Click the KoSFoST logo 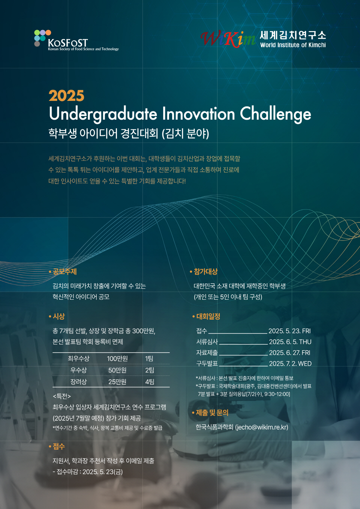(x=76, y=41)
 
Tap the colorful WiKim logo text (x=228, y=39)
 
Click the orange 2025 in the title (x=66, y=96)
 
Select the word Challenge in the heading (x=276, y=114)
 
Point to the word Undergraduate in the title (x=103, y=114)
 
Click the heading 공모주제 (x=65, y=272)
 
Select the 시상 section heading (x=59, y=316)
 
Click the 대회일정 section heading (x=208, y=316)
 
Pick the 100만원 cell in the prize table (x=117, y=359)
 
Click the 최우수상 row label (x=79, y=359)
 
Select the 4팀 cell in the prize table (x=150, y=382)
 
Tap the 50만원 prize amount (x=117, y=370)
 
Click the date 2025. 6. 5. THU (x=290, y=342)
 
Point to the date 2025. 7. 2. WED (x=290, y=363)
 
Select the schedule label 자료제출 (x=207, y=353)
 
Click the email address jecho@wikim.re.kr (x=261, y=427)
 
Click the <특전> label (x=62, y=396)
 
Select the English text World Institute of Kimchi (x=293, y=45)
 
